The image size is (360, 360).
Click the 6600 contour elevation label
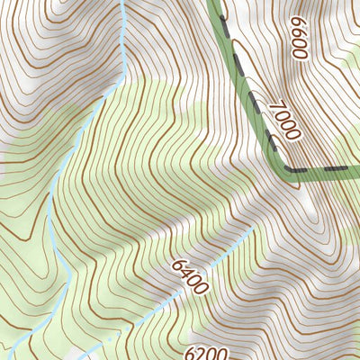click(299, 37)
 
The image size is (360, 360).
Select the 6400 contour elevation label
click(189, 276)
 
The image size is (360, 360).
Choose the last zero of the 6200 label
click(223, 352)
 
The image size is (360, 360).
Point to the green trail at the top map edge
click(214, 3)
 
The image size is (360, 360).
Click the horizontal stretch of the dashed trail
click(324, 168)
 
